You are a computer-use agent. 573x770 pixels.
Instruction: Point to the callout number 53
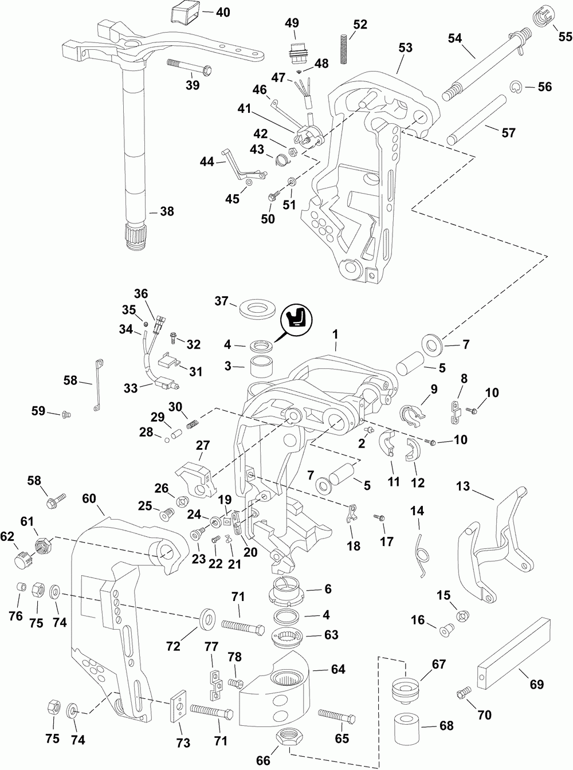coord(405,48)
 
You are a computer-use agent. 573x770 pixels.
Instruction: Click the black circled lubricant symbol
coord(297,319)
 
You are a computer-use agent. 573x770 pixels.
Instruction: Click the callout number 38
coord(166,211)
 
